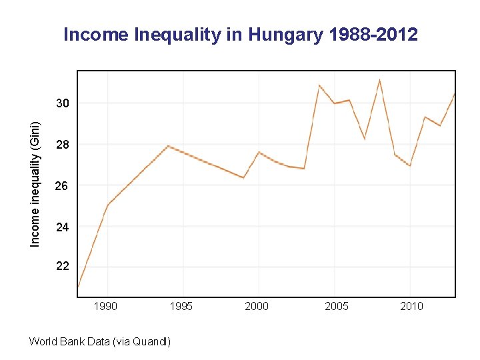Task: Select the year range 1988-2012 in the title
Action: coord(373,35)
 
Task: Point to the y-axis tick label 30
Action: coord(62,103)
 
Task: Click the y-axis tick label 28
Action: coord(62,145)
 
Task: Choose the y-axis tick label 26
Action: coord(62,186)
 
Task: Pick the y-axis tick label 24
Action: coord(62,227)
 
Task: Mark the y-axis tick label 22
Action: coord(62,266)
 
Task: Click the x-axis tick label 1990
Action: coord(106,306)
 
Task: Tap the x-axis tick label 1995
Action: coord(181,306)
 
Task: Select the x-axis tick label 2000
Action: coord(257,306)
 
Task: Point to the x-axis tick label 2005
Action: coord(337,306)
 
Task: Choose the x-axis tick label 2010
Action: coord(411,306)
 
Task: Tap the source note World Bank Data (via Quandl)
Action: coord(100,342)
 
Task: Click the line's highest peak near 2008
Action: coord(379,80)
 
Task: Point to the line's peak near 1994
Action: coord(168,145)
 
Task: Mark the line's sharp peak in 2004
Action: coord(319,85)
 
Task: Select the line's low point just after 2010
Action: coord(410,165)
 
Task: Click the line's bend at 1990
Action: coord(107,204)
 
